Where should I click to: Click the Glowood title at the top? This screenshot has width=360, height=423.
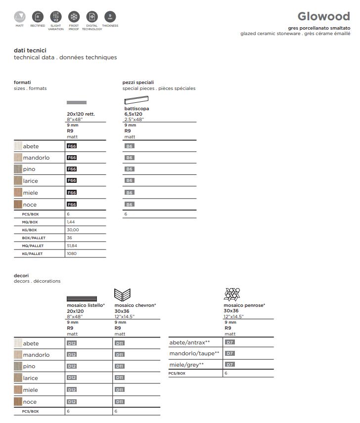(323, 17)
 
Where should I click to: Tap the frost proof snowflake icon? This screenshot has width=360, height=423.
(74, 16)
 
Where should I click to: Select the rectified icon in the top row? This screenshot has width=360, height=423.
(38, 16)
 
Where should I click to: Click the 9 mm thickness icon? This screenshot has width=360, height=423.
(110, 16)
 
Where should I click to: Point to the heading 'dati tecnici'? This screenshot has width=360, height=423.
(30, 50)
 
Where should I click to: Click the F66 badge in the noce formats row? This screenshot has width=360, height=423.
(72, 204)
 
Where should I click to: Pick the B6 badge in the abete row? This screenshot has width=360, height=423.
(130, 146)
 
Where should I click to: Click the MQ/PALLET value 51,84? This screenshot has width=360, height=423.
(72, 246)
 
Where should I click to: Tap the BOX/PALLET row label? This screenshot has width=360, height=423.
(33, 238)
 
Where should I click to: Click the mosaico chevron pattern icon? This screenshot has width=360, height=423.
(122, 295)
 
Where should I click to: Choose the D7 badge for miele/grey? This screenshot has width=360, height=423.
(229, 365)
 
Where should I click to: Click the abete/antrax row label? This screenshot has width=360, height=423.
(190, 342)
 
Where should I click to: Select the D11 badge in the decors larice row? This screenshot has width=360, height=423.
(120, 378)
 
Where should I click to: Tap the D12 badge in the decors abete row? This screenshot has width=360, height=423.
(72, 343)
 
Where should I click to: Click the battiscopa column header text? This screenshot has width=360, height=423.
(136, 108)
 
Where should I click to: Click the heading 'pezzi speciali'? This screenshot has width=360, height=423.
(138, 83)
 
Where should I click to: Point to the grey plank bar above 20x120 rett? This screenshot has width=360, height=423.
(77, 102)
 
